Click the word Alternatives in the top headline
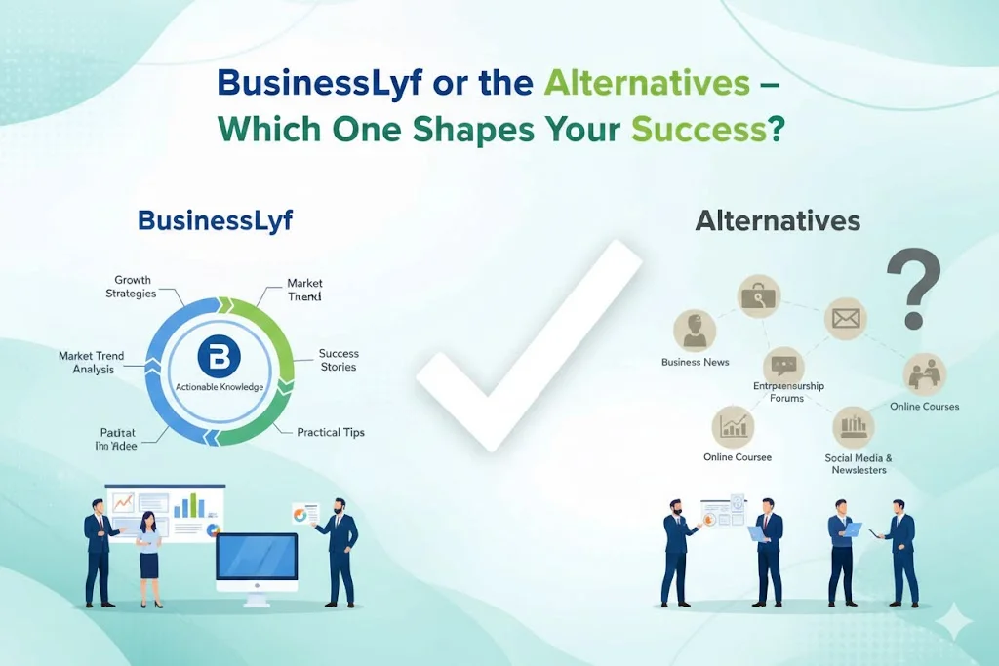tap(647, 83)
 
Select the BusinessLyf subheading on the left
tap(215, 220)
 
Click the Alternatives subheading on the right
tap(778, 221)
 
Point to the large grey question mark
tap(913, 289)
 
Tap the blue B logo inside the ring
tap(219, 358)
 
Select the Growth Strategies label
tap(133, 288)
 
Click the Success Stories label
tap(339, 360)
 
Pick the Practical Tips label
tap(331, 432)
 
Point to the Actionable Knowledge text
tap(220, 387)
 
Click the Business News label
tap(695, 362)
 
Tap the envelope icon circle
tap(845, 318)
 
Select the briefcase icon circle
tap(758, 295)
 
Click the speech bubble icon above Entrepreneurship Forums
tap(784, 366)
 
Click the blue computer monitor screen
tap(257, 557)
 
